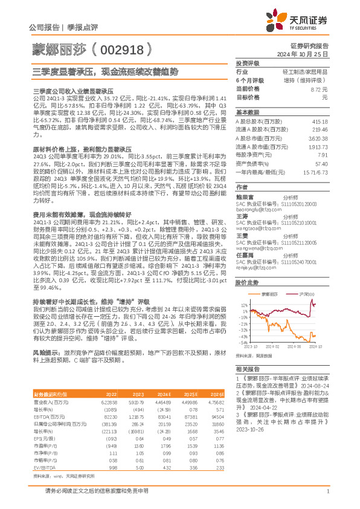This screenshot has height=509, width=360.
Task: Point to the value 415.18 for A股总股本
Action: (320, 122)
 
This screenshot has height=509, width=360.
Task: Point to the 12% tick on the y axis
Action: (242, 305)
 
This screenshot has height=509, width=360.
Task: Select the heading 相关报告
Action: (247, 368)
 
